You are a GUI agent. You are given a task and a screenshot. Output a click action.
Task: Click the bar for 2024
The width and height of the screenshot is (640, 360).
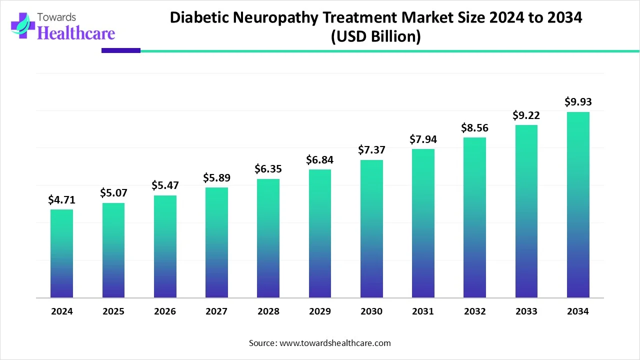tap(61, 253)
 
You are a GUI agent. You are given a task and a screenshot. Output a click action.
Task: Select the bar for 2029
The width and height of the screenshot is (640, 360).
tap(319, 233)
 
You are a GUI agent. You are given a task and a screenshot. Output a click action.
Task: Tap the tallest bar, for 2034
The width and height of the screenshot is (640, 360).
tap(578, 205)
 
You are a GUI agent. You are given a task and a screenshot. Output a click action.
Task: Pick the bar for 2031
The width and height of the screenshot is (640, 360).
tap(423, 223)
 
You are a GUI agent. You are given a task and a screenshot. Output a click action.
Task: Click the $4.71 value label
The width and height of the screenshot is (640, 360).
tap(61, 200)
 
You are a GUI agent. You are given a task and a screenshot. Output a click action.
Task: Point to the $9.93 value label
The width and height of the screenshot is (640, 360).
tap(578, 102)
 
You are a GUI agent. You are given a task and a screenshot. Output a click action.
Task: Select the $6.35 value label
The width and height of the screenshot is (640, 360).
tap(268, 169)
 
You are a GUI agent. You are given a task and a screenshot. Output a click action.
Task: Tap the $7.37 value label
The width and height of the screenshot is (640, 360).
tap(371, 150)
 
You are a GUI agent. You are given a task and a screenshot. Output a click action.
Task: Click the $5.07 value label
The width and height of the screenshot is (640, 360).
tap(113, 193)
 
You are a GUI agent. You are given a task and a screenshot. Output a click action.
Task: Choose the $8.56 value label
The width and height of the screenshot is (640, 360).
tap(474, 128)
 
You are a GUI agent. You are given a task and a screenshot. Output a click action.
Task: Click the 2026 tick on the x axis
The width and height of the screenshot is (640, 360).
tap(165, 311)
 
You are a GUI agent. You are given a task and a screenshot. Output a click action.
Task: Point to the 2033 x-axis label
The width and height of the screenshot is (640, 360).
tap(526, 311)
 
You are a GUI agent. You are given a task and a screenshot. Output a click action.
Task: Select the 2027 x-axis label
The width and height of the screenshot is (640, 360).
tap(216, 311)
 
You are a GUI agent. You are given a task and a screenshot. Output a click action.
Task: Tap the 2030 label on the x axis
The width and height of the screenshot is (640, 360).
tap(371, 311)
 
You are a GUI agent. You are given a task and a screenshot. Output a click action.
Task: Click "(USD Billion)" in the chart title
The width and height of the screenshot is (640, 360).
tap(375, 36)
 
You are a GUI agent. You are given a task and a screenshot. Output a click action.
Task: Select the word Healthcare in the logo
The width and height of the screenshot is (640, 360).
tap(76, 33)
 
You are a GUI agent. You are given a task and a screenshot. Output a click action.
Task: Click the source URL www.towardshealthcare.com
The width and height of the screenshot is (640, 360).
tap(335, 343)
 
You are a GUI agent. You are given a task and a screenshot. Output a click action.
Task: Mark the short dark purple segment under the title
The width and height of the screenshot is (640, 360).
tap(121, 50)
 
